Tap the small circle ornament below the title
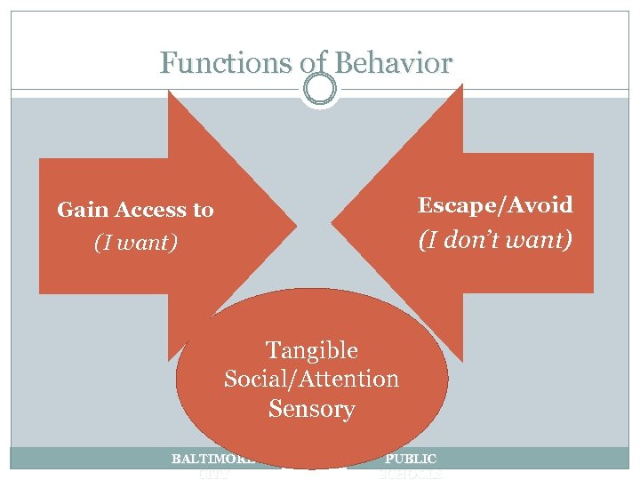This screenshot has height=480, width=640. (319, 89)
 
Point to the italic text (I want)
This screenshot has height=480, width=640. (136, 242)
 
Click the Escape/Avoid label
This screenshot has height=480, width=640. (495, 205)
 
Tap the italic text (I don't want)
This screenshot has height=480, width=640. (495, 239)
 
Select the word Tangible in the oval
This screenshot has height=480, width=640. (311, 350)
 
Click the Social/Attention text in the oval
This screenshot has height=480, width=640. (311, 380)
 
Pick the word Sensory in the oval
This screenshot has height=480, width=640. (311, 410)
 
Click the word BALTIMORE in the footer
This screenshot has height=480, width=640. (212, 460)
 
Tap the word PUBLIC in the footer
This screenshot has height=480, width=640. (410, 460)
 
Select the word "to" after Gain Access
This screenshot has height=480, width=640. (203, 210)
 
